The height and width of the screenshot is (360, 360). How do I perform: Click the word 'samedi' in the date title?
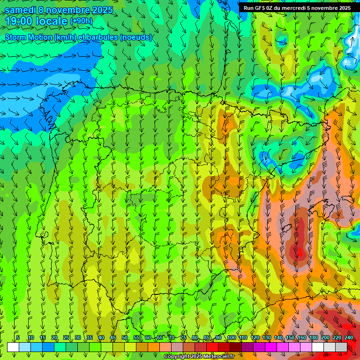[20, 10]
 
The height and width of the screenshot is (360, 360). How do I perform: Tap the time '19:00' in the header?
[19, 21]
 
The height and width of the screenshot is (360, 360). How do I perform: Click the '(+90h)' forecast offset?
[81, 21]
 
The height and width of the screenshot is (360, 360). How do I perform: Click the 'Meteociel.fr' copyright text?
[218, 357]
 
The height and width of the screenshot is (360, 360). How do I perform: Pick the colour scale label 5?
[18, 337]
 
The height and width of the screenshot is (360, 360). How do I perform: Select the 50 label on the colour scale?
[125, 337]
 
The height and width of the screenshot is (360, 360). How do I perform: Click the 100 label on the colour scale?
[231, 337]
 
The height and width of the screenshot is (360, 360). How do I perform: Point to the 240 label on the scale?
[348, 337]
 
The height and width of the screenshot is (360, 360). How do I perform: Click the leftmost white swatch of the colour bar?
[13, 347]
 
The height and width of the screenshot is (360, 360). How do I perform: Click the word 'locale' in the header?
[51, 21]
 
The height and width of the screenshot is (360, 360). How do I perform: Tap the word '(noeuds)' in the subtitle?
[136, 37]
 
